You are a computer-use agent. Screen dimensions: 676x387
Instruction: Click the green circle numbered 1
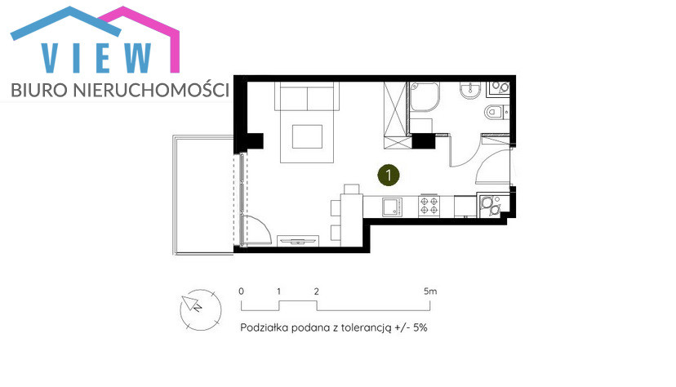(x=389, y=175)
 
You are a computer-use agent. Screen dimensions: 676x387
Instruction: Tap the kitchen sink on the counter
(x=393, y=207)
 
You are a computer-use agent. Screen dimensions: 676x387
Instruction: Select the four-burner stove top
(x=429, y=206)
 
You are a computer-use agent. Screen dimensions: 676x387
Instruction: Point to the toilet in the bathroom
(x=496, y=113)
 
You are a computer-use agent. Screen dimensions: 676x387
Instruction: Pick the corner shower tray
(x=425, y=96)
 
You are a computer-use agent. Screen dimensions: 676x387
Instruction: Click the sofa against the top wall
(x=307, y=96)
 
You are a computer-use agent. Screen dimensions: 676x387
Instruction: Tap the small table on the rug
(x=307, y=136)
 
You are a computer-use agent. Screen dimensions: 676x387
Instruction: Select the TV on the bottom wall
(x=297, y=241)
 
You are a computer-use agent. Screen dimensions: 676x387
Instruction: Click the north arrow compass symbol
(x=201, y=309)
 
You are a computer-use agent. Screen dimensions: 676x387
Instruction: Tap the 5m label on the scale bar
(x=430, y=291)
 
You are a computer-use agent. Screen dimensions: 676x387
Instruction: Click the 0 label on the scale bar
(x=241, y=291)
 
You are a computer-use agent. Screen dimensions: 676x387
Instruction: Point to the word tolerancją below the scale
(x=366, y=328)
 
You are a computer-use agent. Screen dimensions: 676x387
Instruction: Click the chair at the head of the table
(x=351, y=189)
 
